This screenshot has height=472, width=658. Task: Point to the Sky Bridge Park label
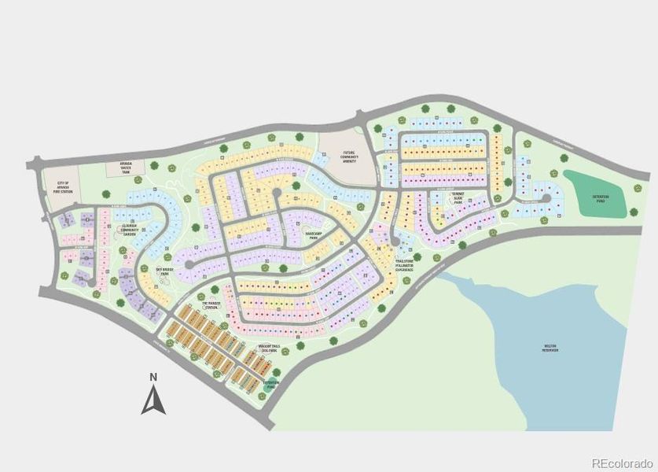coord(164,271)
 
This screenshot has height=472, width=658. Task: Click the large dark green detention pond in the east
coord(595,194)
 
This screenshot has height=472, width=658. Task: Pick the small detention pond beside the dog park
coord(270,385)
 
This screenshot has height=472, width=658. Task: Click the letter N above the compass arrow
coord(154,378)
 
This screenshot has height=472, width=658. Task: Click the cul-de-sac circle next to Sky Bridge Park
coord(188,265)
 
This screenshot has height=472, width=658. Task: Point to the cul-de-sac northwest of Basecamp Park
coord(277,192)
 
